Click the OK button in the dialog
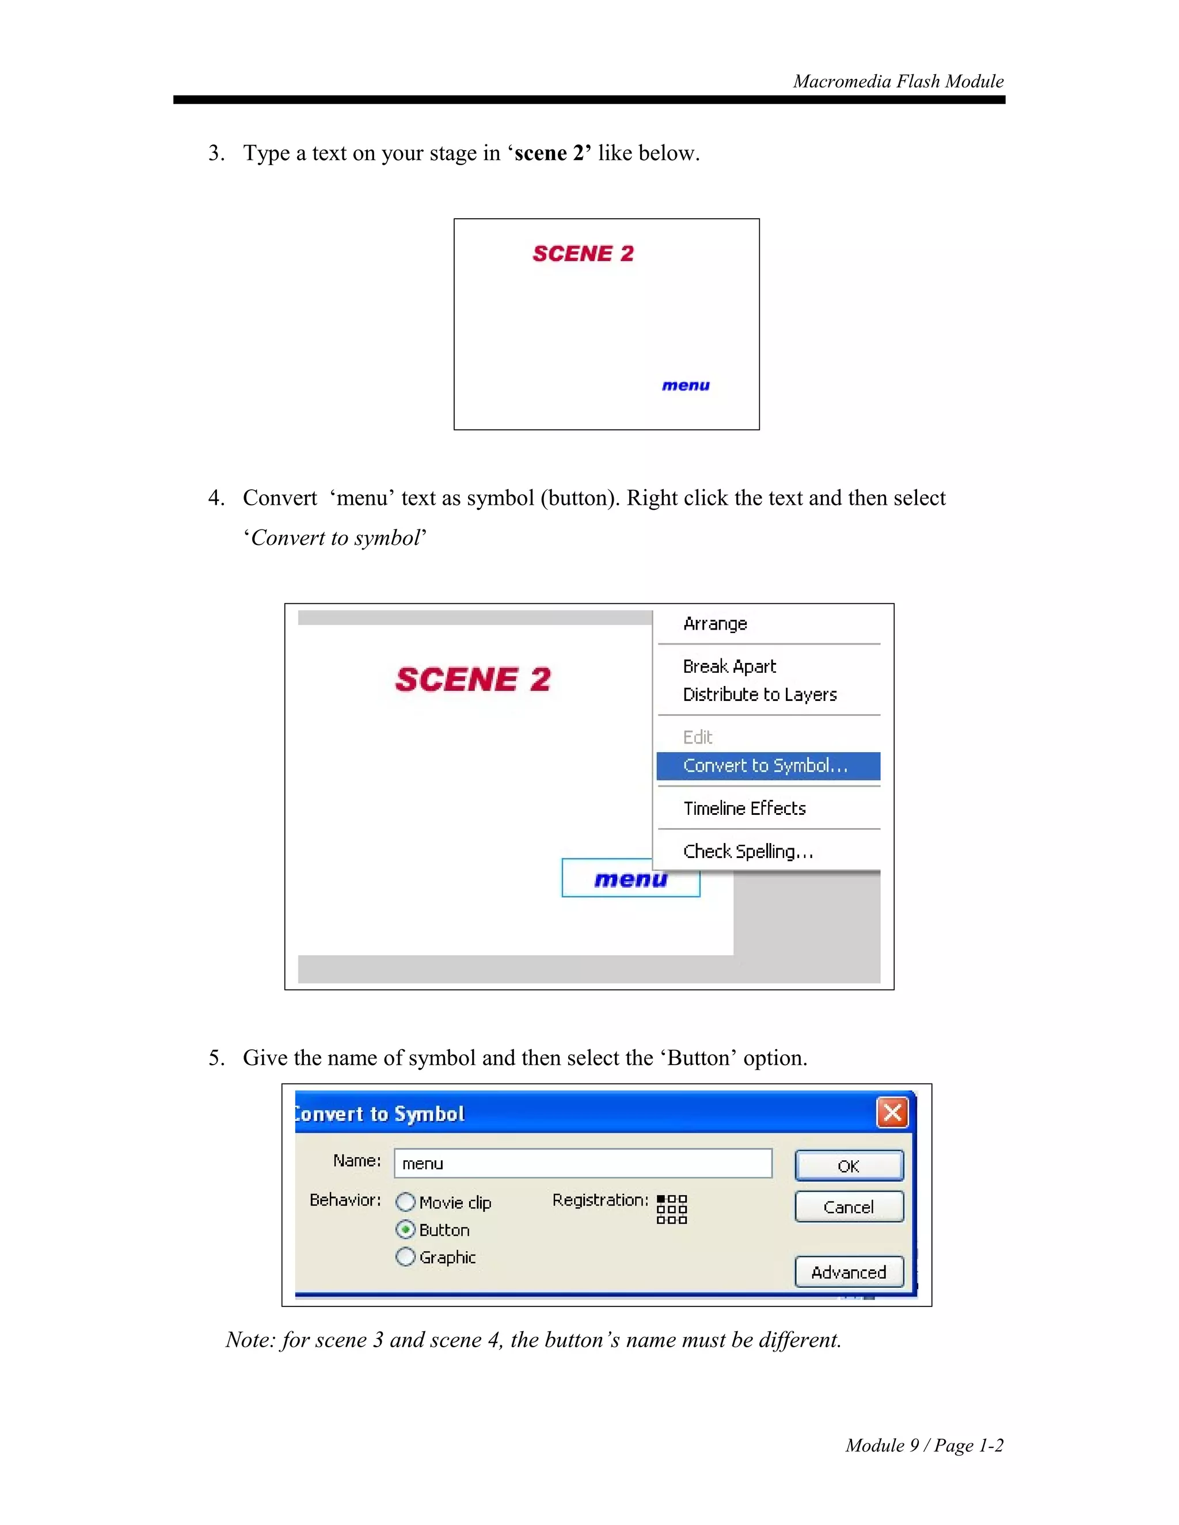tap(849, 1165)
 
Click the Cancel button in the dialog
tap(849, 1207)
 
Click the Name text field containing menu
tap(583, 1163)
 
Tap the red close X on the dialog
tap(892, 1112)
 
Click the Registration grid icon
tap(671, 1210)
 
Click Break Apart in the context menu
tap(729, 666)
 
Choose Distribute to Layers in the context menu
tap(759, 694)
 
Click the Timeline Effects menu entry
tap(744, 808)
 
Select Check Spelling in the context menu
tap(747, 851)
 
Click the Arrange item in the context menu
tap(714, 624)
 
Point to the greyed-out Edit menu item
tap(697, 737)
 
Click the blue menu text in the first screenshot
tap(685, 386)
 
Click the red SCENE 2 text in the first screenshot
tap(583, 253)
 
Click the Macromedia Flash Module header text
tap(897, 82)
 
